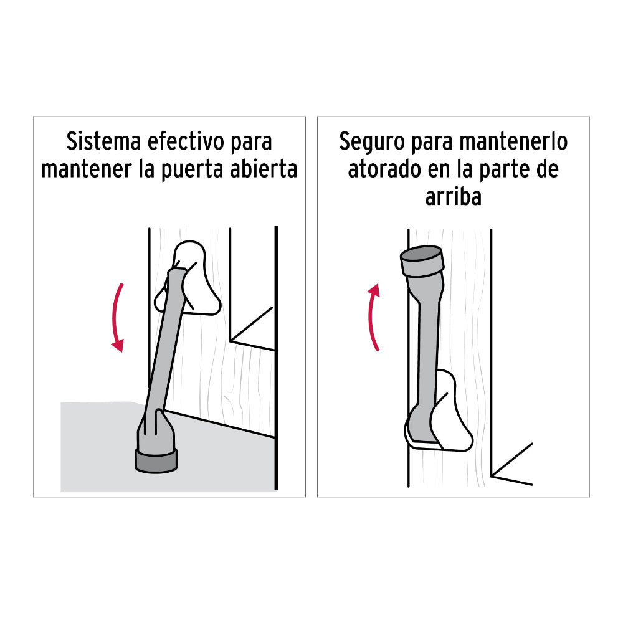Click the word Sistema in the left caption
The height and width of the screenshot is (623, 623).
click(103, 142)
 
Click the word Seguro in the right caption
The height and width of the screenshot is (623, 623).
click(371, 142)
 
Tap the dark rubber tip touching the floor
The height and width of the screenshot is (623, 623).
click(156, 459)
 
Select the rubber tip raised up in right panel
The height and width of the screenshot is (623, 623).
click(421, 261)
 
